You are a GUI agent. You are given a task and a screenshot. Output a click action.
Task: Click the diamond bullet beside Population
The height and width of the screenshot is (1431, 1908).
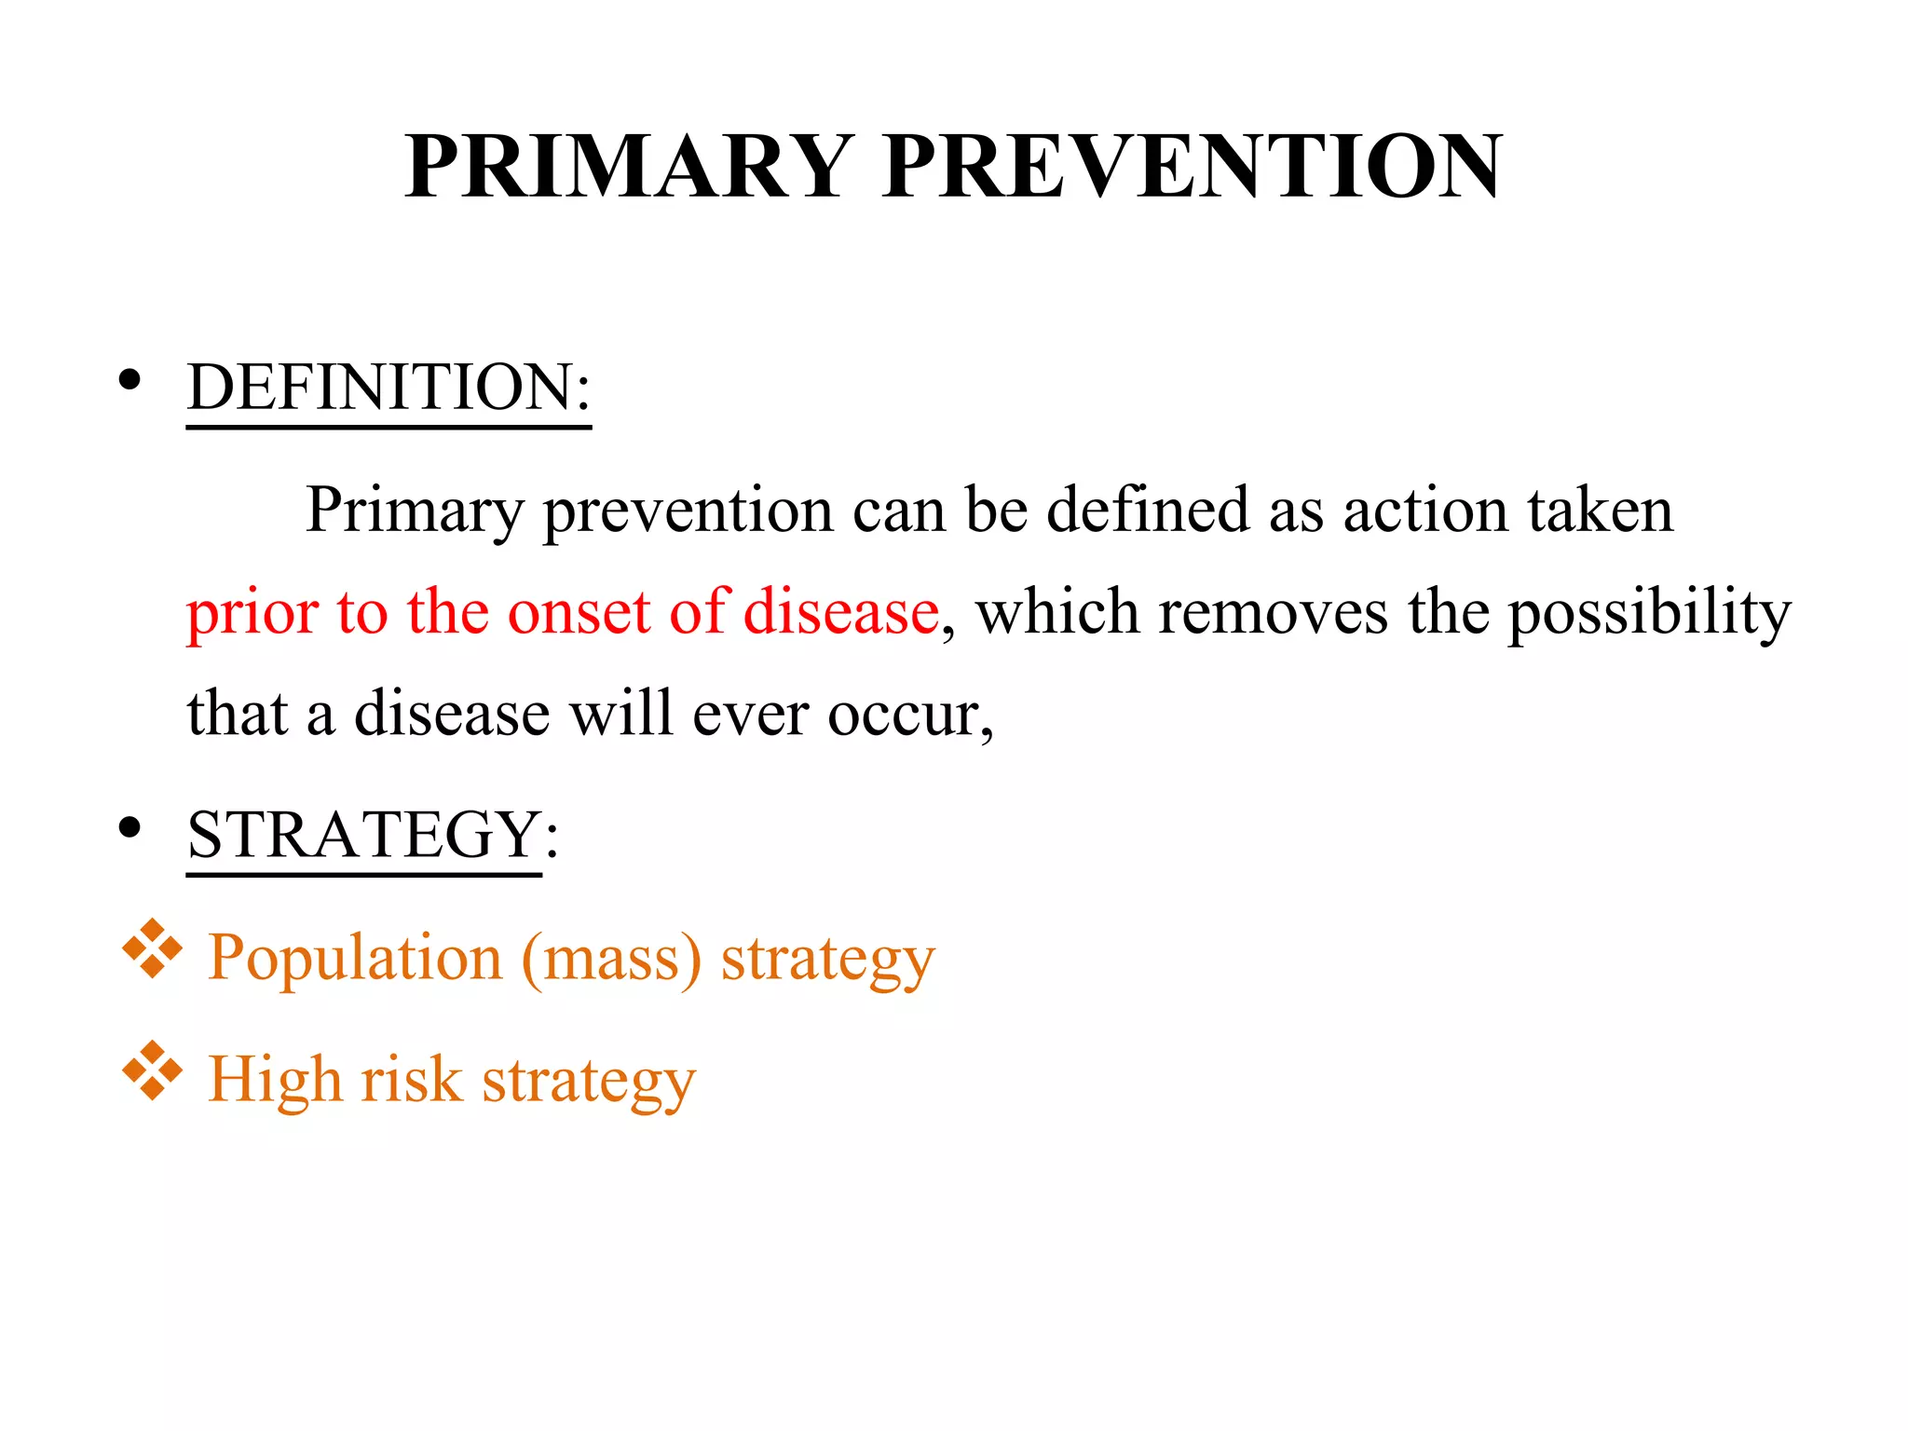click(152, 949)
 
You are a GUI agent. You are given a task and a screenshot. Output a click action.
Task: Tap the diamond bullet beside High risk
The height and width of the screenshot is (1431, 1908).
click(152, 1072)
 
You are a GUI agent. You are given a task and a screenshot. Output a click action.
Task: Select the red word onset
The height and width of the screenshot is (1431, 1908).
click(579, 613)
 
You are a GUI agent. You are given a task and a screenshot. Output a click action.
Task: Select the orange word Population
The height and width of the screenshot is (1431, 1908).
click(355, 959)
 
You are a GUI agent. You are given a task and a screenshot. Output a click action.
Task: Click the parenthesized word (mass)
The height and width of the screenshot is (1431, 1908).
click(611, 959)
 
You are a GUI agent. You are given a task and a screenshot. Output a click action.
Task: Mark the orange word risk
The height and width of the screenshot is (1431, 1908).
click(411, 1080)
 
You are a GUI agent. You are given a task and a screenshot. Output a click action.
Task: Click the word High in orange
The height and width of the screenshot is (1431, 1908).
click(275, 1082)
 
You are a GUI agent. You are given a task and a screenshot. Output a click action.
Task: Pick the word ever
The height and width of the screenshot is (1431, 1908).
click(750, 715)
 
